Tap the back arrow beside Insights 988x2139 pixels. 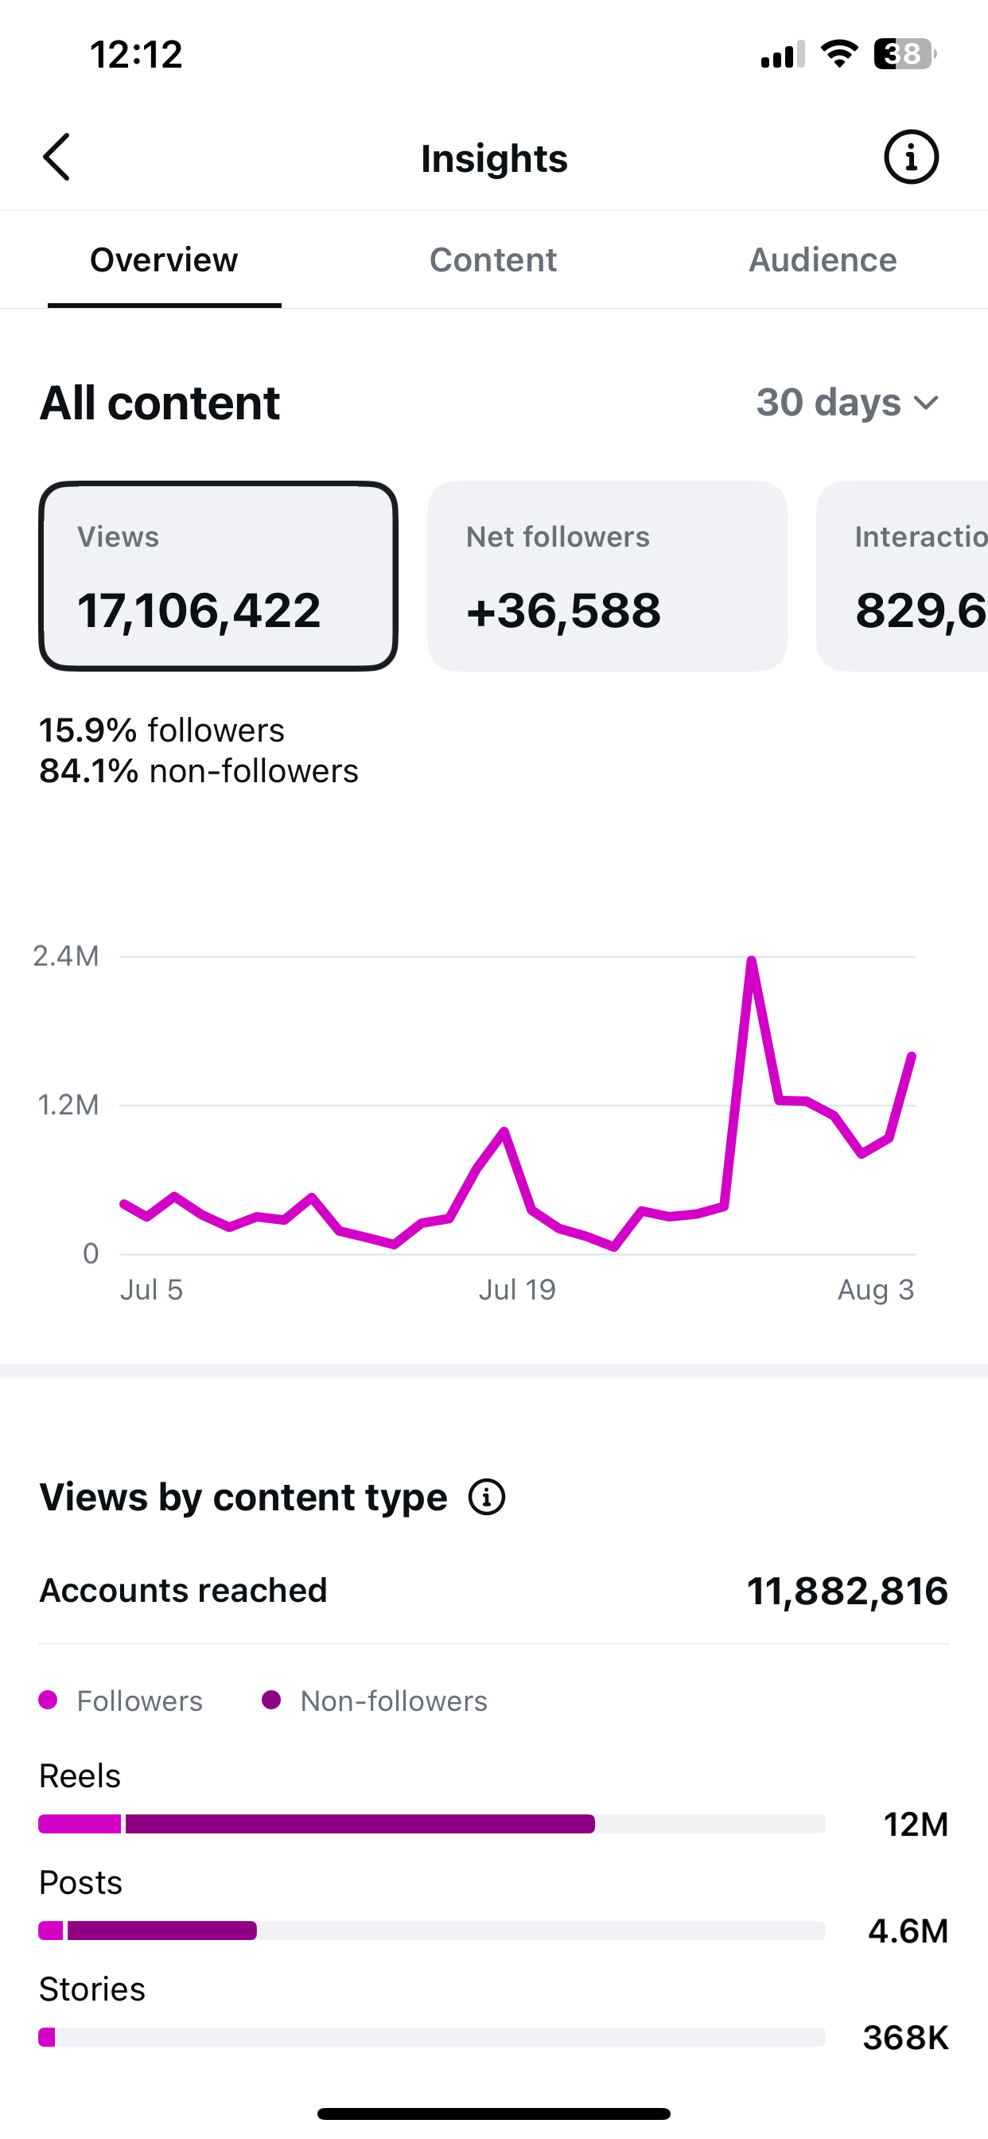56,157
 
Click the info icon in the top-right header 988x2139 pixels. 911,157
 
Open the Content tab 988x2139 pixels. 493,260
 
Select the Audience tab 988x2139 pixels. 823,260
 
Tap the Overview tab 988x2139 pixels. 164,260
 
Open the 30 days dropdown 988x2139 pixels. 848,403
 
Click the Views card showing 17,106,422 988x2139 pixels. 218,576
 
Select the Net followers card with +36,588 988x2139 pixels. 607,576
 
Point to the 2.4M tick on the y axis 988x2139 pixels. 65,957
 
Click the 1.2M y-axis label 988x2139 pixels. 68,1105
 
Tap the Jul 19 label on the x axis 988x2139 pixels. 516,1290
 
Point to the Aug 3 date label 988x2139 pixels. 876,1290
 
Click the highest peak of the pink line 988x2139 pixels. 752,961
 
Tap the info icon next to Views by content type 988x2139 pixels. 487,1497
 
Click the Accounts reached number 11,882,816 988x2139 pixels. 847,1591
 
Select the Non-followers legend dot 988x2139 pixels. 270,1700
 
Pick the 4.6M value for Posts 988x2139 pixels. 908,1931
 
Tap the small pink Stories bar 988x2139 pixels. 46,2038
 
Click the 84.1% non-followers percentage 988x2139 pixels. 89,771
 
